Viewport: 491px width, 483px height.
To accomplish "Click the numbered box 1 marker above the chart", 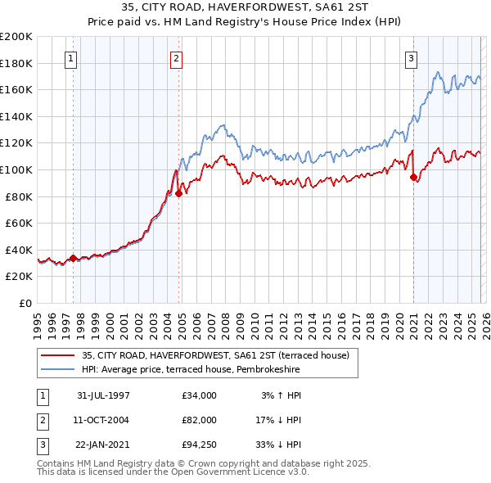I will [x=73, y=58].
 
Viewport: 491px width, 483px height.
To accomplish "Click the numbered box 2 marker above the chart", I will [x=178, y=58].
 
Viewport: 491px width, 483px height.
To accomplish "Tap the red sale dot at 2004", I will [x=178, y=194].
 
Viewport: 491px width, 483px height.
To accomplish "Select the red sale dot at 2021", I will [x=413, y=177].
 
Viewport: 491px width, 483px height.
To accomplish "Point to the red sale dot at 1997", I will [x=74, y=258].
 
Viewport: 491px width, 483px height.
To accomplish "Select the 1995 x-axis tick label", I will [x=38, y=323].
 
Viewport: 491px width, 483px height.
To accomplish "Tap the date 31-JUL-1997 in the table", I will [x=102, y=395].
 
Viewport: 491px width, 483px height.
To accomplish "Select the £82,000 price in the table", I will [x=200, y=419].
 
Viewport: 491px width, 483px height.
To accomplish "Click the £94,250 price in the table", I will [x=200, y=444].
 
